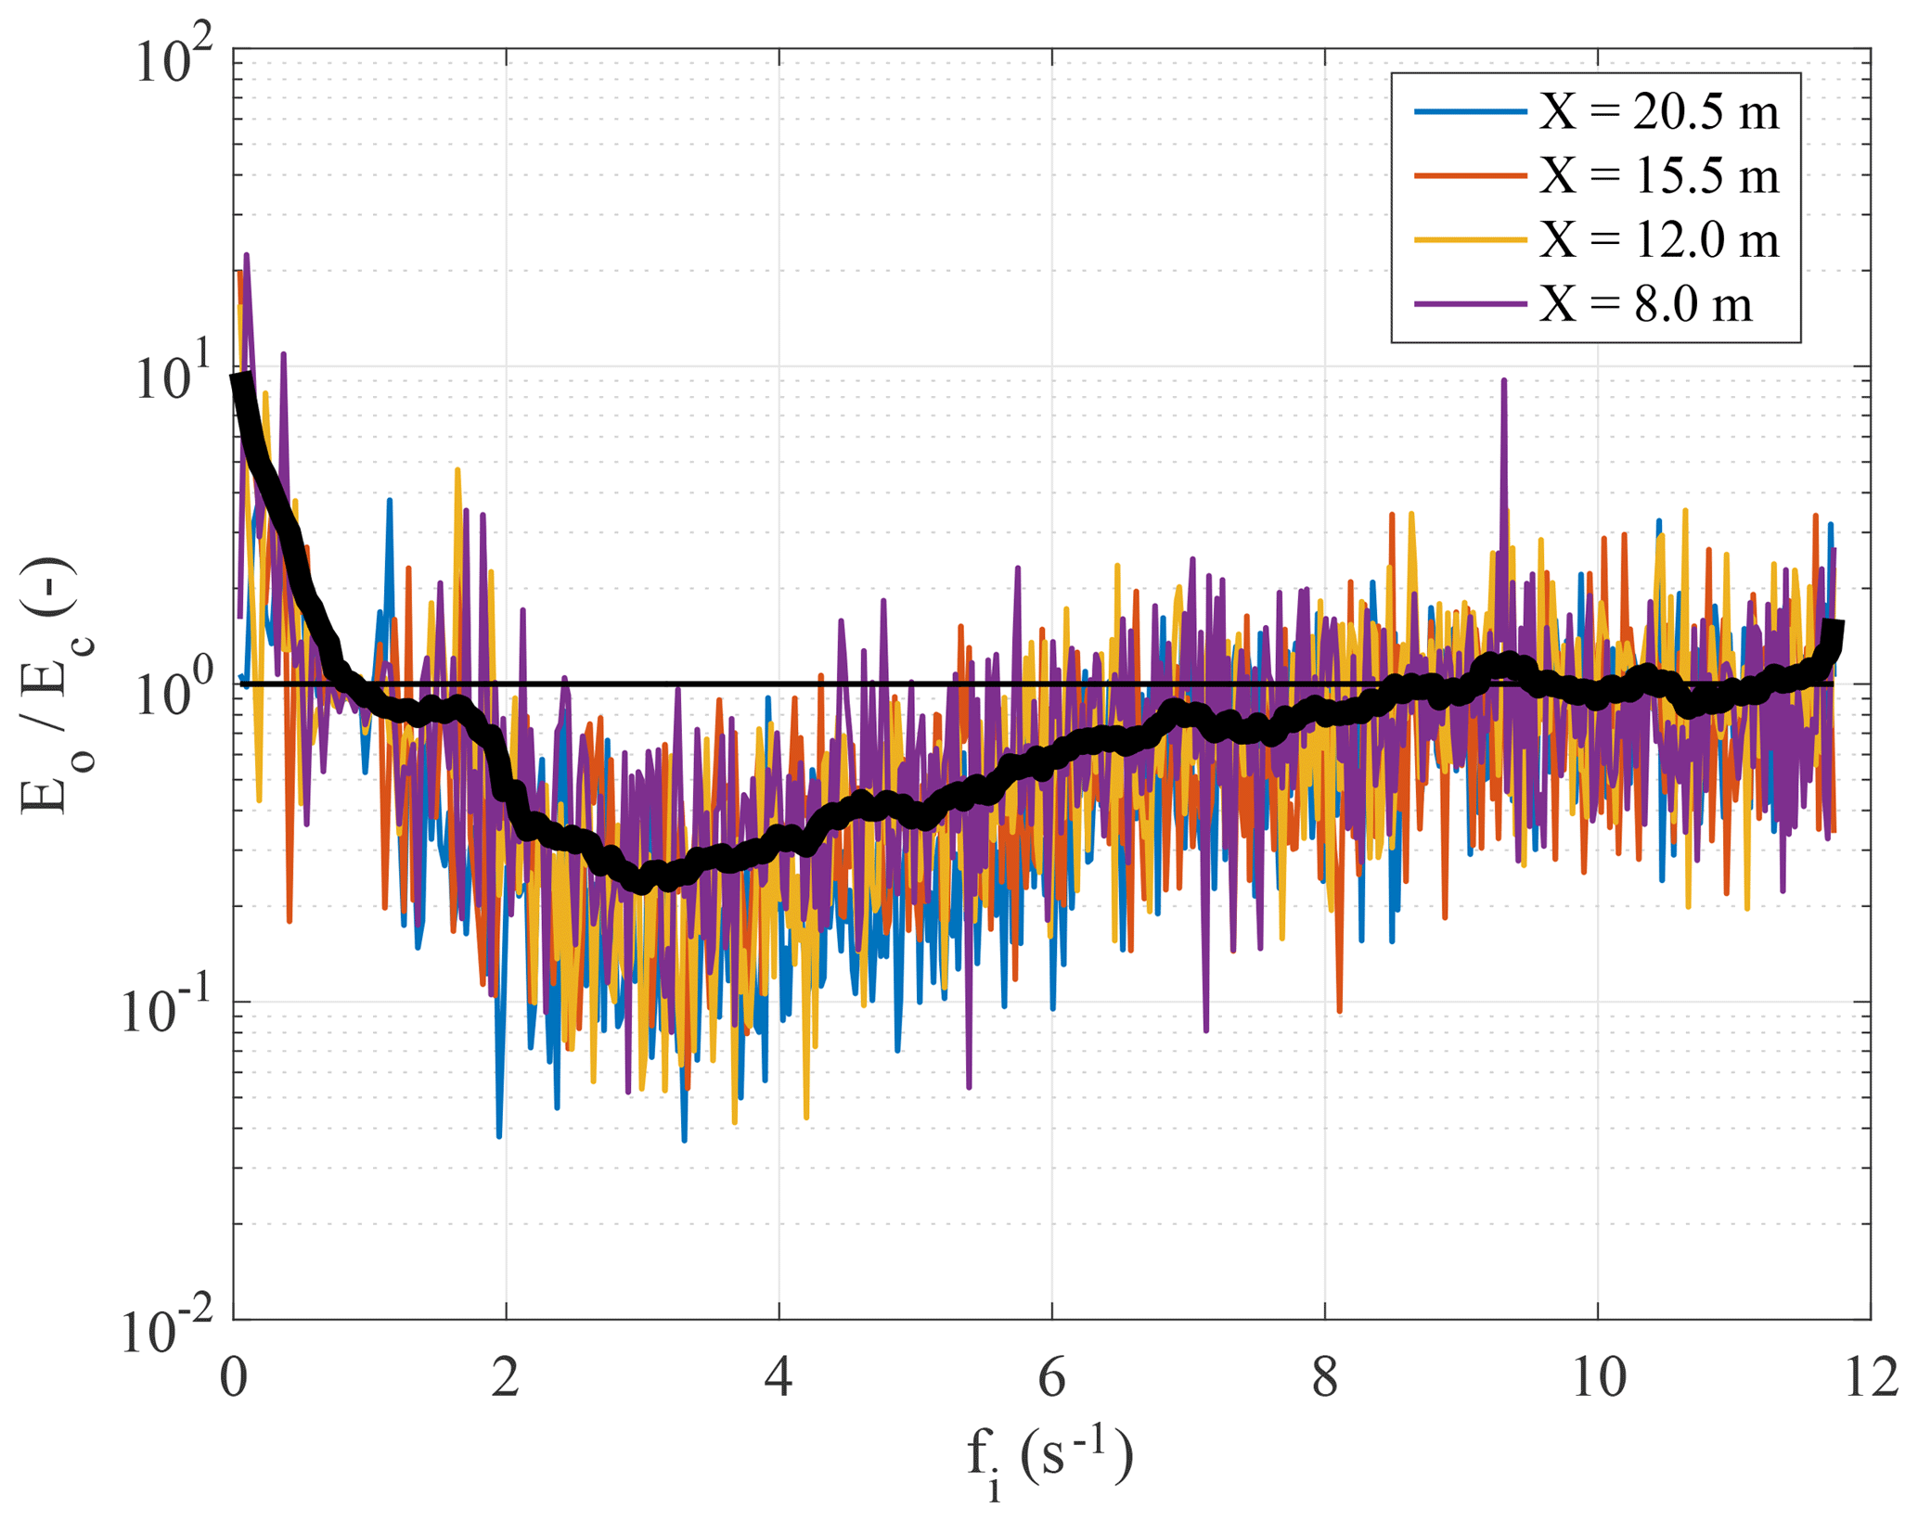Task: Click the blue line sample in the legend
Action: (1470, 112)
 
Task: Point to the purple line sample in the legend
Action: (1470, 303)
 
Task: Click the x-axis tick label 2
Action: (506, 1378)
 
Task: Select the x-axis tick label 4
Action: (779, 1378)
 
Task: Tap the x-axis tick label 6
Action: (1051, 1378)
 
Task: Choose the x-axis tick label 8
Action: (1325, 1378)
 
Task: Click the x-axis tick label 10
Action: (1598, 1378)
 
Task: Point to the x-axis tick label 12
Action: (1870, 1378)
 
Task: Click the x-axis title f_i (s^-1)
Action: (1049, 1457)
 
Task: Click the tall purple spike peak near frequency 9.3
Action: (1503, 380)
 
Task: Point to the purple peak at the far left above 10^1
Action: (246, 254)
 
